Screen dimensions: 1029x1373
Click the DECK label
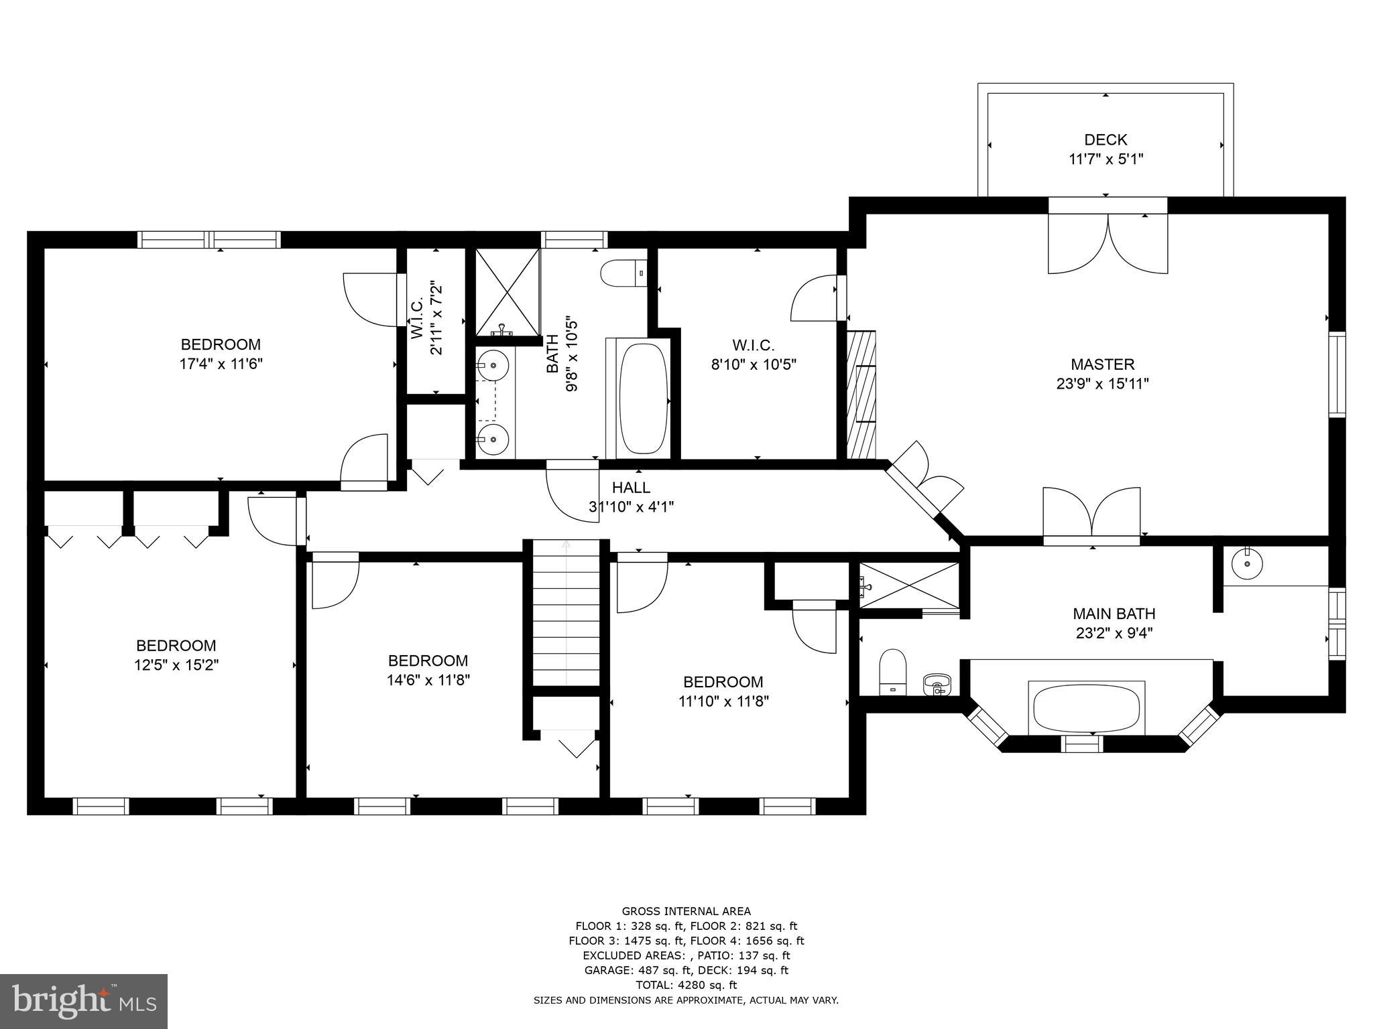click(1106, 140)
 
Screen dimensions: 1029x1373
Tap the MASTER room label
click(1102, 364)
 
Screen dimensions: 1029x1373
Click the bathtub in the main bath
click(1086, 709)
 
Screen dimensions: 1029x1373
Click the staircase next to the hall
click(566, 613)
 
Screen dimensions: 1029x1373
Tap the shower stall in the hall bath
click(508, 291)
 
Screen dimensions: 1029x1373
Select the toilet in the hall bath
click(623, 274)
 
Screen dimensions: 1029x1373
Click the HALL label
click(631, 488)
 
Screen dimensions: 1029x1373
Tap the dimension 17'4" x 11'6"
click(221, 364)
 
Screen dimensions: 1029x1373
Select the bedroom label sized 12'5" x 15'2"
click(176, 646)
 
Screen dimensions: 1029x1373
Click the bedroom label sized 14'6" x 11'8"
click(428, 661)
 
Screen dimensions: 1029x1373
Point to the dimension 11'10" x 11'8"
click(723, 701)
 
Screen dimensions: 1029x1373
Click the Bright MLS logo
click(84, 1001)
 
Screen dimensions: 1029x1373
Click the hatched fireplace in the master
click(861, 395)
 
